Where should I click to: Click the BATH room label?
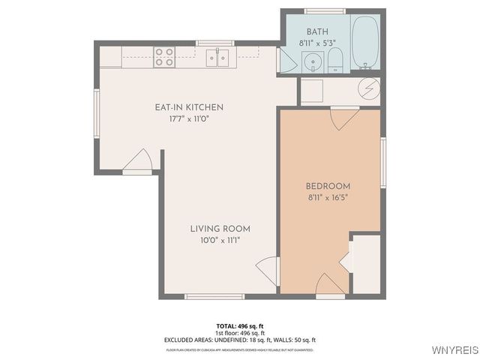coord(317,31)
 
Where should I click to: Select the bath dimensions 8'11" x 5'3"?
coord(317,43)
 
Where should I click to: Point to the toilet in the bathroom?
coord(335,60)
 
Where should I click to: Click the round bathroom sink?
coord(313,61)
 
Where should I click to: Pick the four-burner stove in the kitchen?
coord(164,57)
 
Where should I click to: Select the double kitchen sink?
coord(218,57)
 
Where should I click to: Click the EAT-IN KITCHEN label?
coord(189,107)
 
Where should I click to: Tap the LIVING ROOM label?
coord(220,229)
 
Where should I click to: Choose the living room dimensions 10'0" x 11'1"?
coord(220,241)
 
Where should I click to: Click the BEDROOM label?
coord(328,186)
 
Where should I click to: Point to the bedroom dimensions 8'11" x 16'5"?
coord(328,198)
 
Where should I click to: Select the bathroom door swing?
coord(286,61)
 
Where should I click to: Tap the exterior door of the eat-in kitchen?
coord(140,161)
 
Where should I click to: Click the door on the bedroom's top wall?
coord(343,118)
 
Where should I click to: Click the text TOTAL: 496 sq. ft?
coord(240,325)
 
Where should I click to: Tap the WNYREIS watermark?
coord(454,350)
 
